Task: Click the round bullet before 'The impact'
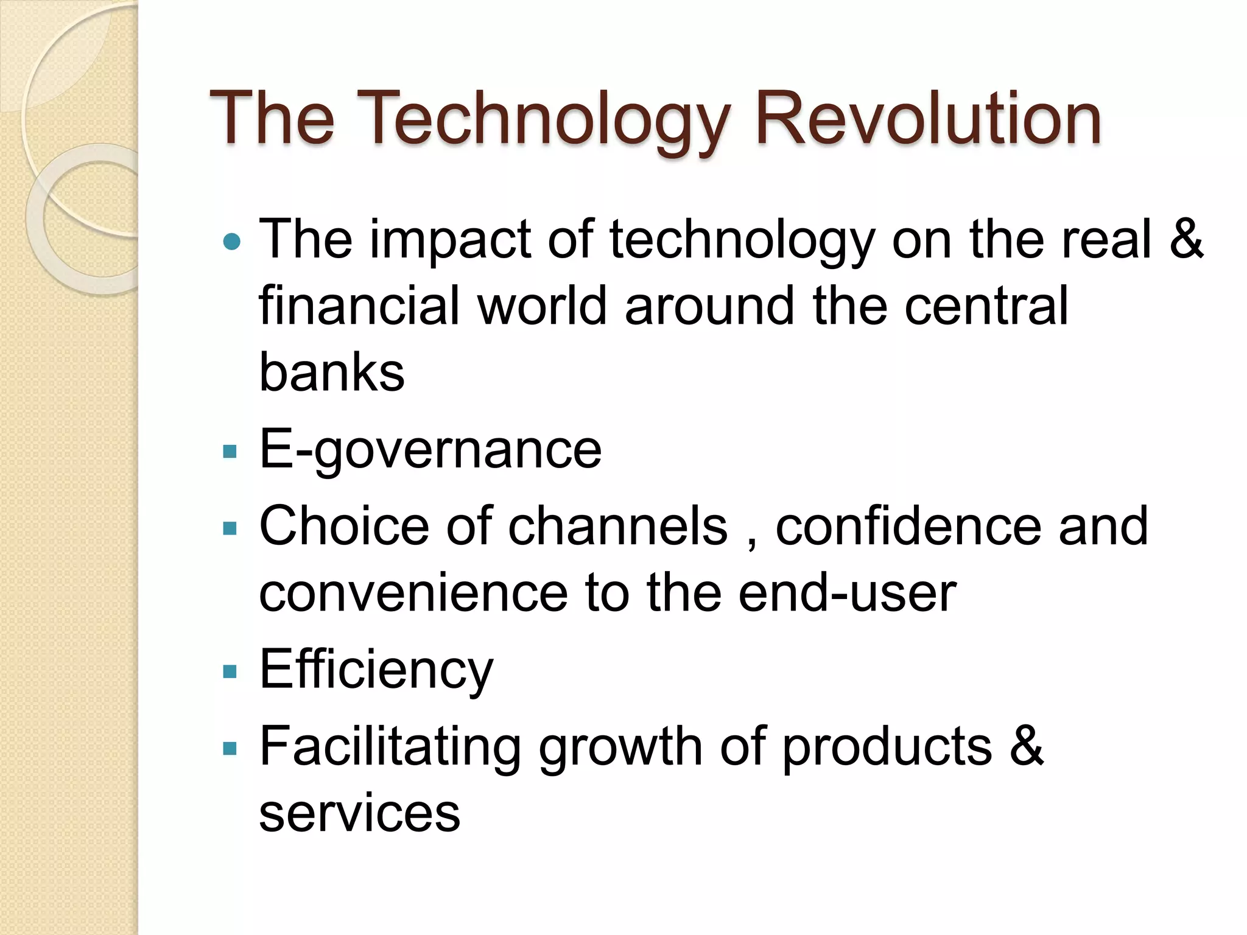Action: [232, 243]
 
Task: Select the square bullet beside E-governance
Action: [230, 452]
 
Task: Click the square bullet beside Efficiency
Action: [230, 671]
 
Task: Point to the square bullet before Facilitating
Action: [230, 748]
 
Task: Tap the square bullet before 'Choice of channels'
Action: [230, 528]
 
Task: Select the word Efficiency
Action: [376, 670]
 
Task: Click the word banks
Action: [332, 372]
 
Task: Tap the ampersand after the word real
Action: [1186, 239]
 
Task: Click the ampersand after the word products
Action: [1027, 746]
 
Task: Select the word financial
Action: [359, 305]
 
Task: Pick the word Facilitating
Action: [390, 746]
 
